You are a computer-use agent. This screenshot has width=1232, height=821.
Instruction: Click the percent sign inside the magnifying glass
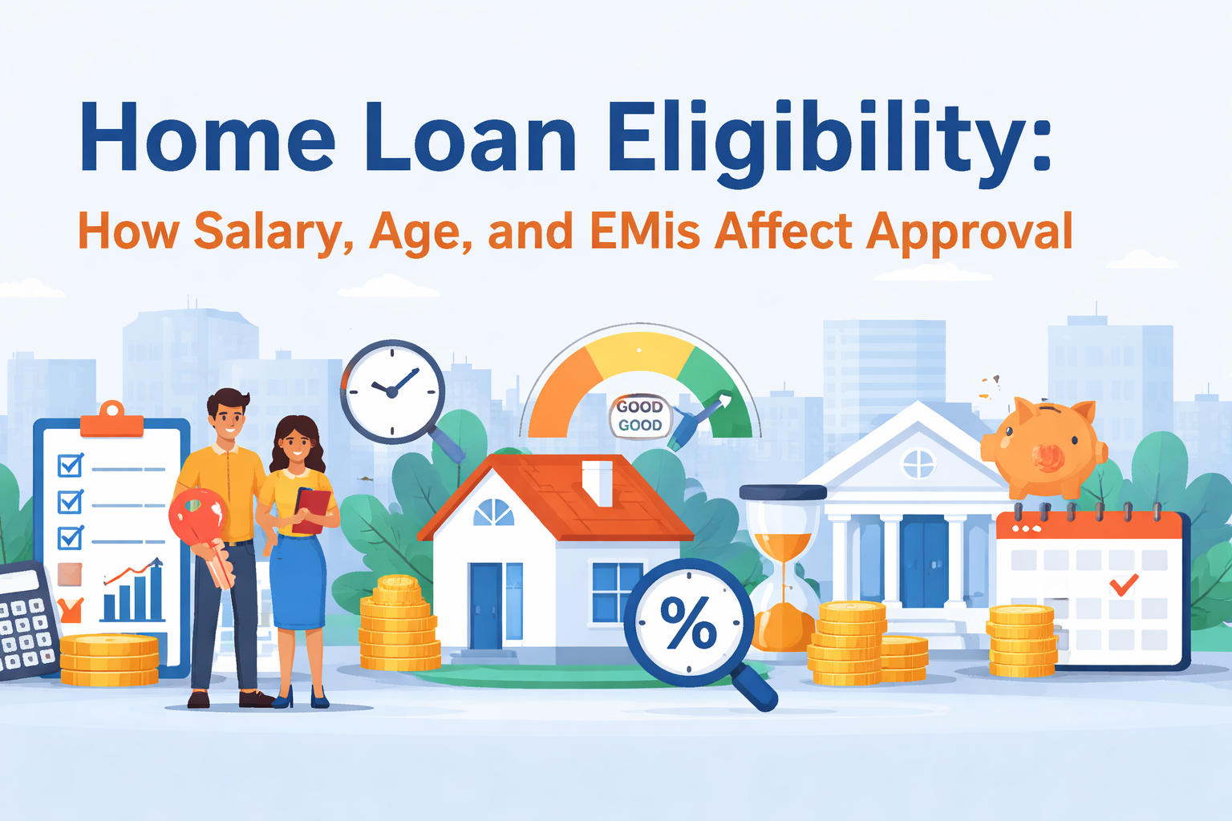[688, 623]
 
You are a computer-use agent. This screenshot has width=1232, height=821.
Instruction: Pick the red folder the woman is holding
[312, 510]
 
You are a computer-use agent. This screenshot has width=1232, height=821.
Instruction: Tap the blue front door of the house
[485, 605]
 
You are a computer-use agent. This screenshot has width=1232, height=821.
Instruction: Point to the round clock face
[392, 391]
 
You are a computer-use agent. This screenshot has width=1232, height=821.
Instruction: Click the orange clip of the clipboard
[112, 422]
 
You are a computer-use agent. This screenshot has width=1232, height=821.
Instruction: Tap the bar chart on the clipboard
[132, 593]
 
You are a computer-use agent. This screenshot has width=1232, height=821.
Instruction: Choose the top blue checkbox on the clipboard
[71, 465]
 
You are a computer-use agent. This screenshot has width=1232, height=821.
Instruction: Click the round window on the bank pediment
[918, 463]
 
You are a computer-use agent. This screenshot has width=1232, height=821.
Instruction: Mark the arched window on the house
[493, 513]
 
